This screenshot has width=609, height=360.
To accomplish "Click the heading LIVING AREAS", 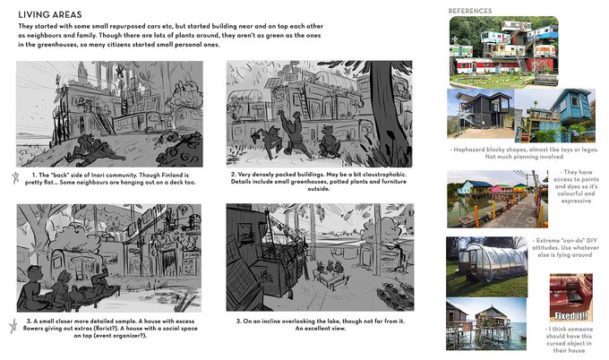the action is pyautogui.click(x=50, y=14).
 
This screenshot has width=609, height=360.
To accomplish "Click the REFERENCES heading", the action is pyautogui.click(x=470, y=11).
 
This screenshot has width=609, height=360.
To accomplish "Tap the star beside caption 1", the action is pyautogui.click(x=15, y=178).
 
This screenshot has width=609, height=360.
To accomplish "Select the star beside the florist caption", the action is pyautogui.click(x=13, y=326).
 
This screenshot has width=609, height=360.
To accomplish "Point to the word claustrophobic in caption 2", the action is pyautogui.click(x=383, y=175).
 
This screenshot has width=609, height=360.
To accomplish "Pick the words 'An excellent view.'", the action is pyautogui.click(x=320, y=329).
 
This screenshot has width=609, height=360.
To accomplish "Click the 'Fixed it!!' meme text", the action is pyautogui.click(x=571, y=316).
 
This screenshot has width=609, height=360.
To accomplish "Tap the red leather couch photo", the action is pyautogui.click(x=571, y=298).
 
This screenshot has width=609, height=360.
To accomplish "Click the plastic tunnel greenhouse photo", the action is pyautogui.click(x=486, y=267).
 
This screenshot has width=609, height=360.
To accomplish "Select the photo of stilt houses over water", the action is pyautogui.click(x=486, y=324).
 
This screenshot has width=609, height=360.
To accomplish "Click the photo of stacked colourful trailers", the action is pyautogui.click(x=503, y=51).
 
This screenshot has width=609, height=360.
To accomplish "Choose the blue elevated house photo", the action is pyautogui.click(x=555, y=116).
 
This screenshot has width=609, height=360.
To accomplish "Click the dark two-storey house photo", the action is pyautogui.click(x=480, y=114).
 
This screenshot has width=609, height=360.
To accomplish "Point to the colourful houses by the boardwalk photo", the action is pyautogui.click(x=497, y=199).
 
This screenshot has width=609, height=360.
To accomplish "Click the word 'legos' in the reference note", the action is pyautogui.click(x=588, y=150).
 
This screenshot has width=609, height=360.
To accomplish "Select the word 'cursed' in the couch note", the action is pyautogui.click(x=559, y=343).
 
